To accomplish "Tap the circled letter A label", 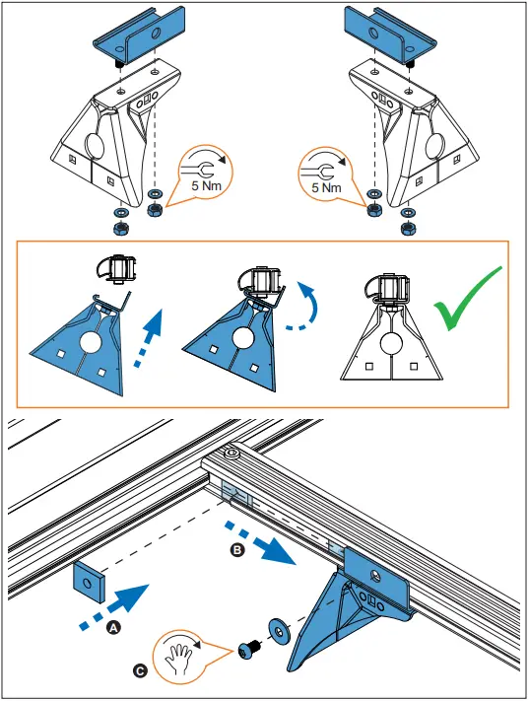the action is pos(113,628).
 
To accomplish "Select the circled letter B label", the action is pos(236,550).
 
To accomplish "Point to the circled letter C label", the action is pos(140,671).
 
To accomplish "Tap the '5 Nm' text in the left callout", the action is pos(207,185).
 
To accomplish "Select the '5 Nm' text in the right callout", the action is pos(326,187).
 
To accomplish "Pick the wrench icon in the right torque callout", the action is pos(317,172).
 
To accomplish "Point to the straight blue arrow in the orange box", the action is pos(148,339).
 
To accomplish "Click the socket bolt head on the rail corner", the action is pos(232,454).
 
